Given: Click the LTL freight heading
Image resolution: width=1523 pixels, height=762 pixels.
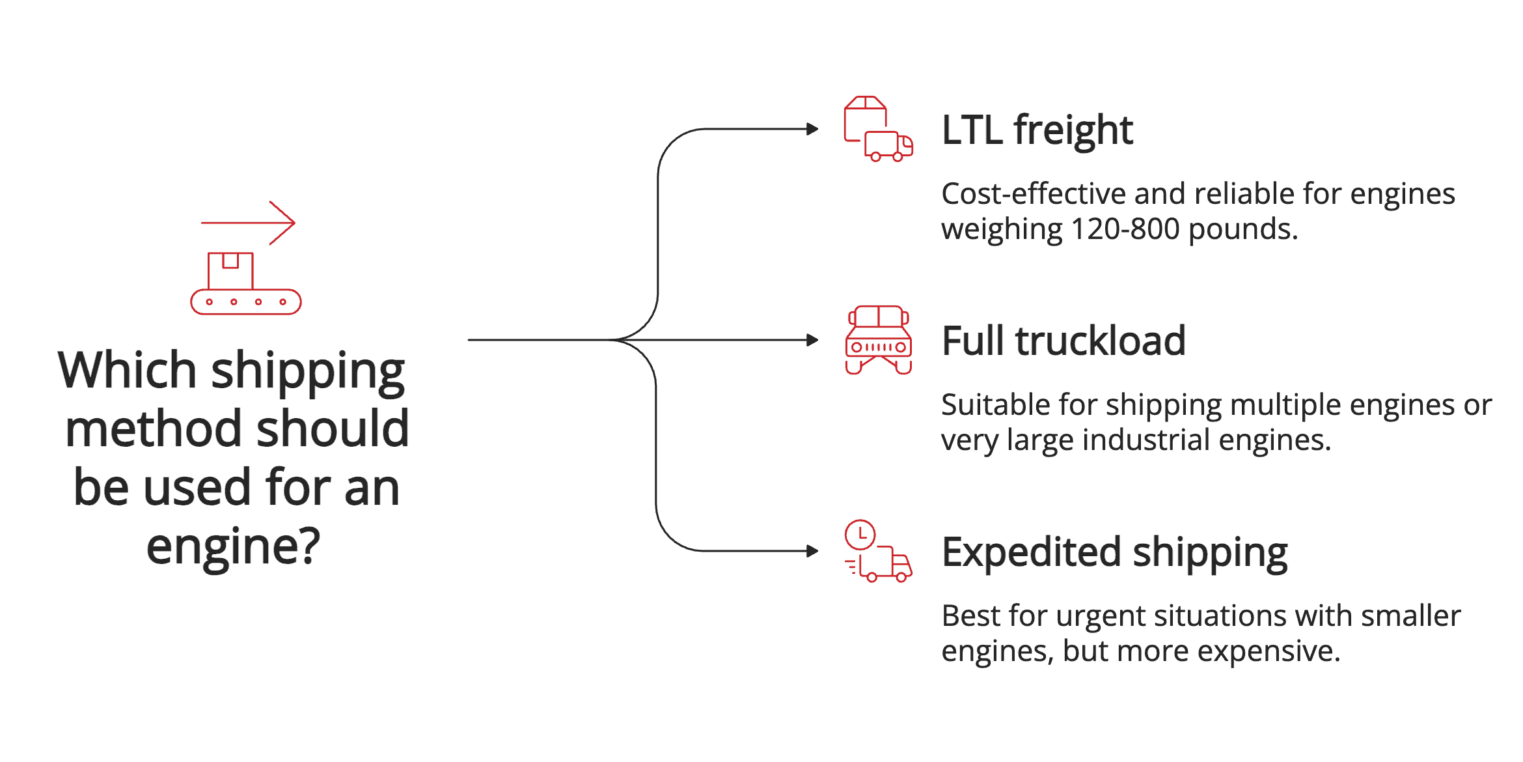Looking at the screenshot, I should [1037, 130].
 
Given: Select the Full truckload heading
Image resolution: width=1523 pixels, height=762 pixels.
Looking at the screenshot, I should [1063, 341].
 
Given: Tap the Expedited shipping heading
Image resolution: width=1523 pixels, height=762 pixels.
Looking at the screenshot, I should [1114, 552].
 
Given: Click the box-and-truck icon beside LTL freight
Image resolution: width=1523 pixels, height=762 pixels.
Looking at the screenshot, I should [878, 129].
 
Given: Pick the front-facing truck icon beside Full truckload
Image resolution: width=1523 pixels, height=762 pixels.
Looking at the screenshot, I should [878, 340].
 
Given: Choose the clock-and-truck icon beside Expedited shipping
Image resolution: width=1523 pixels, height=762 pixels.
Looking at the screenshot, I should [878, 551].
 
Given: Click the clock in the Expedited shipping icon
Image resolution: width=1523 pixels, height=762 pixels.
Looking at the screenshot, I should [860, 535].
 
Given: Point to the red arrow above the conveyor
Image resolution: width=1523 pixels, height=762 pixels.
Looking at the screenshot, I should [248, 223].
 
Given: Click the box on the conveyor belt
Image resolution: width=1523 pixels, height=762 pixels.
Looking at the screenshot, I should [230, 271].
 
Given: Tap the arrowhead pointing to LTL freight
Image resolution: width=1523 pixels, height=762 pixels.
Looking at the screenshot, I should [812, 129].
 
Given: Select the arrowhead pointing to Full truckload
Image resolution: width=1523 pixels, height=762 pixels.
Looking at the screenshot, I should [812, 340].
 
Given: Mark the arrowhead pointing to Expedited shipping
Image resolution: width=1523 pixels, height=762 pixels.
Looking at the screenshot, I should [812, 551].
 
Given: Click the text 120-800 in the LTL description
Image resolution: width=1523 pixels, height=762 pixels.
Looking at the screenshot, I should [1125, 229].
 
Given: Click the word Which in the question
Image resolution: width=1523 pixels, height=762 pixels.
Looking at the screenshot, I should [128, 370].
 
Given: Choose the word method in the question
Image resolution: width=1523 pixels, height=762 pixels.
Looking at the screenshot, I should [154, 429].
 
